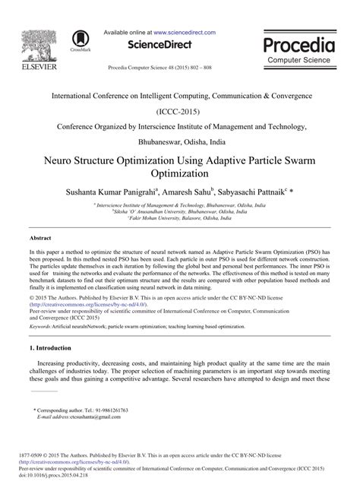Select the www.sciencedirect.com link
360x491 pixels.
(x=184, y=33)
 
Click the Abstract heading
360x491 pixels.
(x=40, y=238)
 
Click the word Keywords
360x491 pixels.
(x=43, y=325)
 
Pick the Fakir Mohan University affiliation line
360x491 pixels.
(x=180, y=219)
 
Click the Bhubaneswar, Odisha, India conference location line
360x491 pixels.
(x=179, y=141)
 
